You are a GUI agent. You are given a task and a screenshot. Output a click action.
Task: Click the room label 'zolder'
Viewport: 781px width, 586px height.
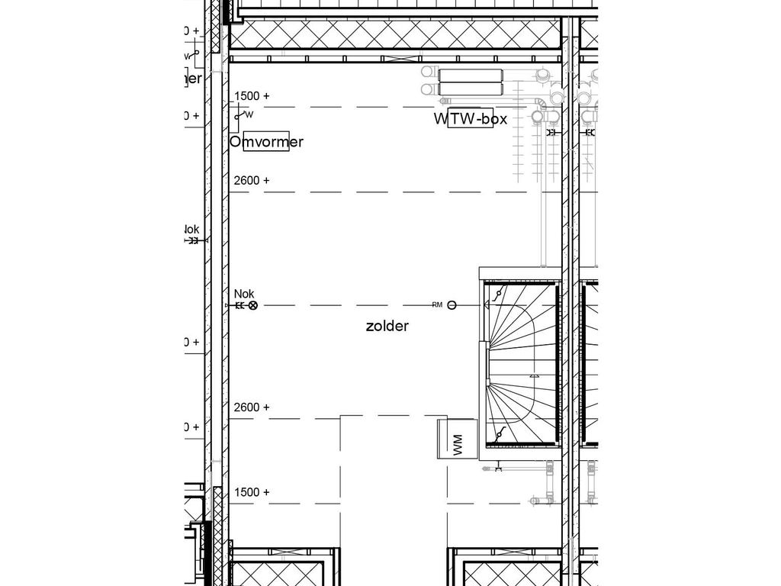click(x=387, y=327)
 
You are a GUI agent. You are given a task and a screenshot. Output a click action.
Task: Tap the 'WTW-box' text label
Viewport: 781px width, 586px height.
click(x=471, y=119)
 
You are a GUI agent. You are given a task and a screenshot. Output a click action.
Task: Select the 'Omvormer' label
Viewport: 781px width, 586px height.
click(x=266, y=142)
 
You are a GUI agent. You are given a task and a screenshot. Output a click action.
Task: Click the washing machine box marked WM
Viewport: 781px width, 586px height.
click(x=457, y=439)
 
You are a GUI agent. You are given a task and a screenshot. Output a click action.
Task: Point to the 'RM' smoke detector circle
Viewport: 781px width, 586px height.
click(x=452, y=305)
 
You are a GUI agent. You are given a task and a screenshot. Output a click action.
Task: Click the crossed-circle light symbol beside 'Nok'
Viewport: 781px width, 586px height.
click(x=253, y=305)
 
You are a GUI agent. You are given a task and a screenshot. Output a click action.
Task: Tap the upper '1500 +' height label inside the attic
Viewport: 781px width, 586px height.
click(x=252, y=96)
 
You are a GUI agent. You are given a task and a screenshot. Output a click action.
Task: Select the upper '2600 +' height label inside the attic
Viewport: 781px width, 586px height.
click(x=252, y=181)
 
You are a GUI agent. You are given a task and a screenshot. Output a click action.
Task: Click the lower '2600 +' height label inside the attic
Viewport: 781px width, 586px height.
click(x=252, y=407)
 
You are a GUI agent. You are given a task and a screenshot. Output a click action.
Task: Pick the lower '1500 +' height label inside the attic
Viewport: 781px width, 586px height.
click(x=252, y=492)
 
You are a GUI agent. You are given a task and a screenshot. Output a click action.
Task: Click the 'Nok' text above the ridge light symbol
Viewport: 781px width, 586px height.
click(x=244, y=294)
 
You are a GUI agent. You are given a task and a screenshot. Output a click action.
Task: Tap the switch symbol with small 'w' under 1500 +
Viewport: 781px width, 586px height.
click(x=243, y=115)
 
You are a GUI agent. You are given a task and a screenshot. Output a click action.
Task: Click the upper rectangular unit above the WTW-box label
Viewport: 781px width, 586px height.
click(x=471, y=75)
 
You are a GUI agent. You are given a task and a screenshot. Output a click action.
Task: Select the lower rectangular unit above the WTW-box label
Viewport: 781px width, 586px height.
click(x=471, y=89)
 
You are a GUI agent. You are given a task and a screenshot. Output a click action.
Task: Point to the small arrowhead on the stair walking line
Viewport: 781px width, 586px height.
click(x=536, y=375)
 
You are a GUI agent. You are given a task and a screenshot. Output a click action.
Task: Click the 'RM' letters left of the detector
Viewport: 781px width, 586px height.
click(x=437, y=305)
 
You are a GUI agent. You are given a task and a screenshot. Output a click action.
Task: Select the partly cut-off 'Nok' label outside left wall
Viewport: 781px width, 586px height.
click(x=191, y=230)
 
